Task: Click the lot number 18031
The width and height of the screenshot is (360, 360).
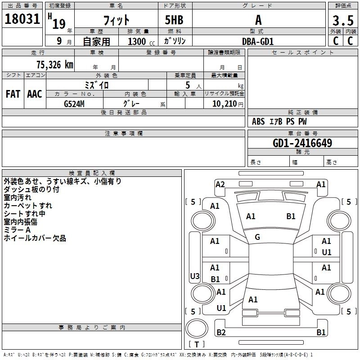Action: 22,19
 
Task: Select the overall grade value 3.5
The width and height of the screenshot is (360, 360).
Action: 343,20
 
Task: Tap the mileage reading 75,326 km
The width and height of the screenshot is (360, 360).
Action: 55,65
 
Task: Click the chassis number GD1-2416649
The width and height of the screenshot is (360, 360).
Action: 302,143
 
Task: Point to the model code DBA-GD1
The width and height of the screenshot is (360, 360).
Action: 258,41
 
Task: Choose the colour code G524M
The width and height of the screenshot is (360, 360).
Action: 74,104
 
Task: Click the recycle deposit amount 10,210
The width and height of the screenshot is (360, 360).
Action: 225,104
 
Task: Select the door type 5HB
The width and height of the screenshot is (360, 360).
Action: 174,20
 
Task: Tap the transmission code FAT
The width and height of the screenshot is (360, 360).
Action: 13,94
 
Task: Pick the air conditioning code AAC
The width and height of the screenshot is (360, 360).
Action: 35,94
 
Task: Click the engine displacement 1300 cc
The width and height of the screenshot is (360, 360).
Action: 141,41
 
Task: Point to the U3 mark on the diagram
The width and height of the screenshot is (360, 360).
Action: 195,276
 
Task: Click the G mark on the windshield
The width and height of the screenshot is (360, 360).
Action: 257,237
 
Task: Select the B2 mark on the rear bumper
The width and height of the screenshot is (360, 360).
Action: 221,332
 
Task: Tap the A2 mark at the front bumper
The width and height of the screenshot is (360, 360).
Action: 220,184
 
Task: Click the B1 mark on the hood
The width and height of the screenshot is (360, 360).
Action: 291,216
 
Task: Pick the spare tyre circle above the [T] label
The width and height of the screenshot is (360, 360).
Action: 197,328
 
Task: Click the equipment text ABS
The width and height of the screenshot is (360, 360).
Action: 258,121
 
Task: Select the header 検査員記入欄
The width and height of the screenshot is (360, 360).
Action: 92,173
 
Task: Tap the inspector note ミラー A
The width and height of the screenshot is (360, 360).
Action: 17,230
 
